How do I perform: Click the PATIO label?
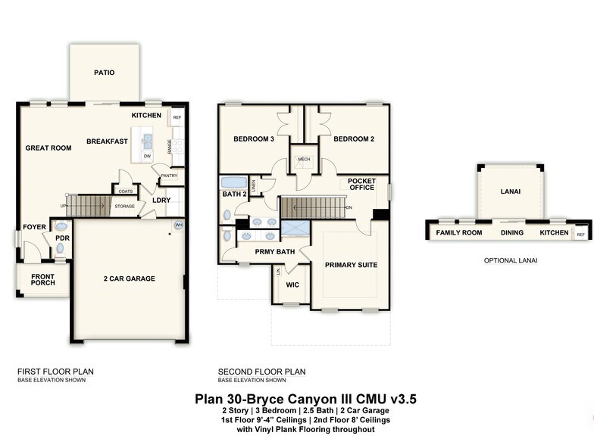(105, 73)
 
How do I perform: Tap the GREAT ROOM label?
(48, 148)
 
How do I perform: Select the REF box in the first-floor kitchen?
(177, 117)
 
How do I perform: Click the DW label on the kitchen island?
(148, 157)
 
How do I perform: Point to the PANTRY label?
(169, 175)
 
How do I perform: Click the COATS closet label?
(126, 191)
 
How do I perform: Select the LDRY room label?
(161, 201)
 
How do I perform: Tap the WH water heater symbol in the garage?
(179, 225)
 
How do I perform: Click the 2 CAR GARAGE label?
(130, 279)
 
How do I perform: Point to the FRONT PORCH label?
(42, 280)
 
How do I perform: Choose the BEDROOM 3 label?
(254, 139)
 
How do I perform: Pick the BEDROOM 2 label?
(355, 139)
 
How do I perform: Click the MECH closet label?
(305, 160)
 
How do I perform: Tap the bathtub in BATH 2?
(234, 183)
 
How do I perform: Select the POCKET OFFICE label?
(362, 184)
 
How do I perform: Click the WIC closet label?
(292, 285)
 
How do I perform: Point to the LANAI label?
(511, 191)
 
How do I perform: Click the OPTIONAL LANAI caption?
(511, 260)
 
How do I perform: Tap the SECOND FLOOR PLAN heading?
(261, 372)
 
